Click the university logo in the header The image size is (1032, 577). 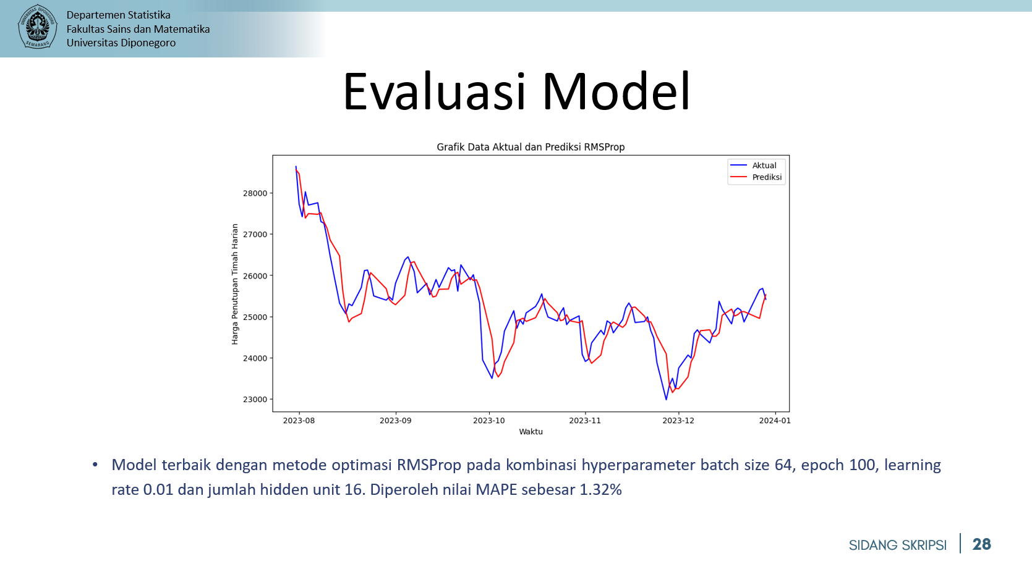coord(37,26)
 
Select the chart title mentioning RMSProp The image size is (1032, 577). coord(531,147)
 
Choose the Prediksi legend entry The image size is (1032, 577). coord(756,177)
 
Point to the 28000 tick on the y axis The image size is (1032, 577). coord(255,193)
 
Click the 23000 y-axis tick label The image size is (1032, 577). coord(255,400)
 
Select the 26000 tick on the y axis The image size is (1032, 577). coord(255,276)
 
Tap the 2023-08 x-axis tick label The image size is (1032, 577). coord(299,421)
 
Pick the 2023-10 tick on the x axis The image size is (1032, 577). coord(489,421)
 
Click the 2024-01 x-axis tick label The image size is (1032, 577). coord(775,421)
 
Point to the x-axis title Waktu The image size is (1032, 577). coord(531,432)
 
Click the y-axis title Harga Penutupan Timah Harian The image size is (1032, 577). coord(235,284)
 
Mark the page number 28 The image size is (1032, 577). coord(982,544)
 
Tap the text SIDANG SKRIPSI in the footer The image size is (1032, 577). coord(897,545)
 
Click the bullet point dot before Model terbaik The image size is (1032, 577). coord(95,465)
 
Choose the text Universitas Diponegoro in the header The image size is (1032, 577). coord(121,43)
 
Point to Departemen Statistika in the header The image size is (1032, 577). coord(118,15)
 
